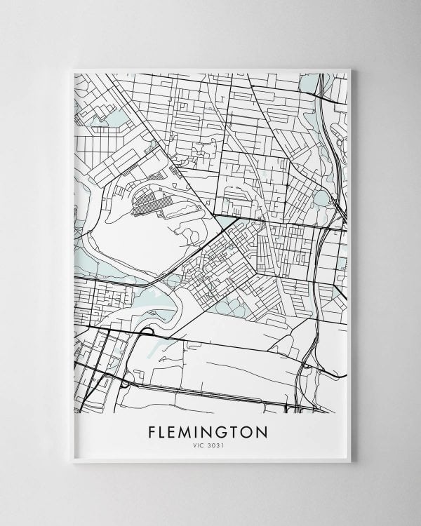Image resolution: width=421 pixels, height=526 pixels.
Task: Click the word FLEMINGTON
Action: (208, 431)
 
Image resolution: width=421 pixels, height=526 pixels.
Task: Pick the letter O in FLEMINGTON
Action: (250, 431)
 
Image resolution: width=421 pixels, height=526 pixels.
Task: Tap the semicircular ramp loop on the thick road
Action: (147, 331)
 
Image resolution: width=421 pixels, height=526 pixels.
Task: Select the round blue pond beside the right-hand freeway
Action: (321, 198)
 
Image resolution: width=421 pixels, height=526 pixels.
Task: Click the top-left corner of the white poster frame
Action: (72, 69)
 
